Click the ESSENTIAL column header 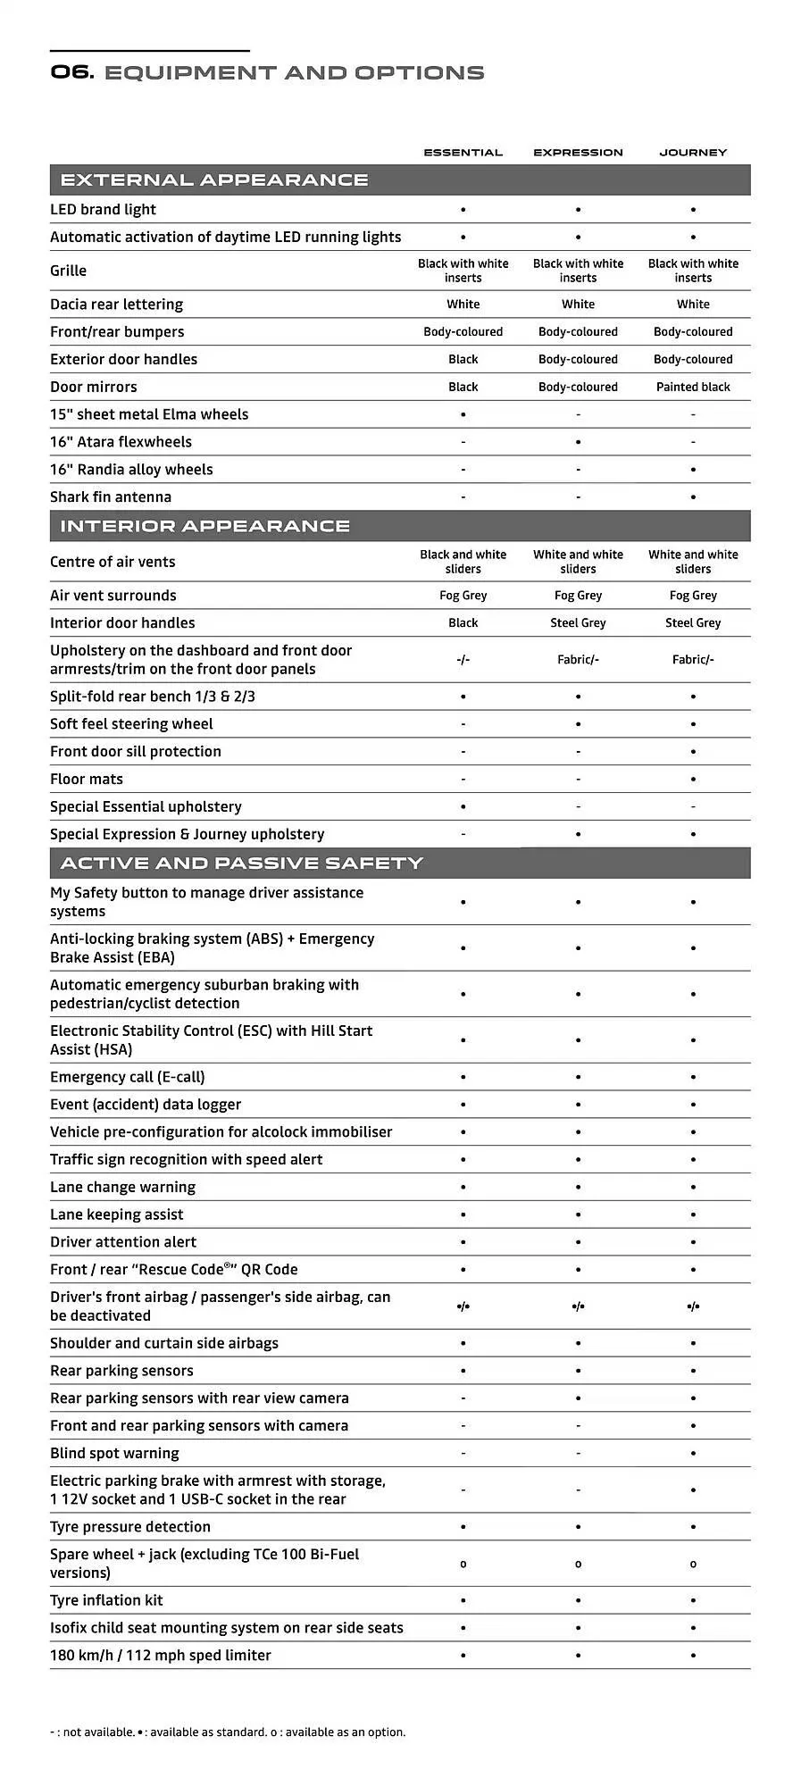(x=463, y=153)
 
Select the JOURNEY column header (x=693, y=153)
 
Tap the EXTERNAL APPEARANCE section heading (x=214, y=180)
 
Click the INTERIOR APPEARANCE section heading (x=204, y=526)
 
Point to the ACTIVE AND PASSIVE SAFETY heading (x=241, y=864)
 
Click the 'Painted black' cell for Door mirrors (x=693, y=388)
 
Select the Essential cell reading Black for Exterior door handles (x=463, y=360)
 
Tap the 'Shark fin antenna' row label (x=111, y=497)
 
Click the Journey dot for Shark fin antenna (x=693, y=497)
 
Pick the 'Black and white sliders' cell (x=463, y=562)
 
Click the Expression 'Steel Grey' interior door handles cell (x=578, y=623)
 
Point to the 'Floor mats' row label (x=87, y=780)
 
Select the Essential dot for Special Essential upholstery (x=463, y=807)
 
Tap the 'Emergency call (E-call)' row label (x=128, y=1078)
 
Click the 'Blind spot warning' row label (x=114, y=1454)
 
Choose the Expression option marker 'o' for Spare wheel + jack (x=578, y=1565)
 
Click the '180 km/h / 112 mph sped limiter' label (x=161, y=1656)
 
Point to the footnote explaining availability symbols (x=228, y=1732)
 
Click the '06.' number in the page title (x=72, y=72)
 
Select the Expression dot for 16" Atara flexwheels (x=578, y=443)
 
